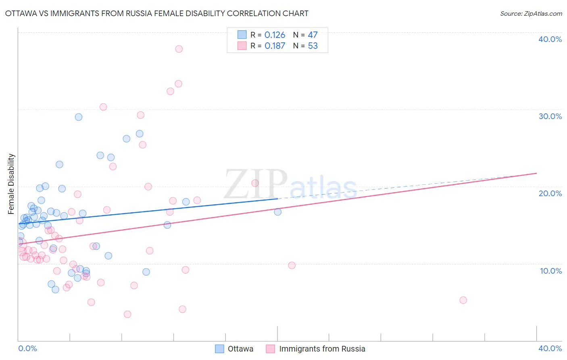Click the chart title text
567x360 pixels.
[x=157, y=13]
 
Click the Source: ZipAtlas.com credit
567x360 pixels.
[x=531, y=14]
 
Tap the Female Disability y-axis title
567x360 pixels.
[x=11, y=184]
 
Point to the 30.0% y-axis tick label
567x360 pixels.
[x=550, y=116]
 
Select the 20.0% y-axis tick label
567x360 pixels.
[x=550, y=193]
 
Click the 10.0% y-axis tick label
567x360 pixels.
[x=550, y=271]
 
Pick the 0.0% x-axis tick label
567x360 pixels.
[x=27, y=348]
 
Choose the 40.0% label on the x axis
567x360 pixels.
[x=550, y=348]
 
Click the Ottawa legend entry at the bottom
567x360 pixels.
[x=240, y=349]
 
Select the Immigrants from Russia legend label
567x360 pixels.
[x=322, y=349]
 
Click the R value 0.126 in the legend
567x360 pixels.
[x=275, y=35]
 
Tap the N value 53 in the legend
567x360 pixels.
[x=313, y=46]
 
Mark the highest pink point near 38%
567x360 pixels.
[x=179, y=49]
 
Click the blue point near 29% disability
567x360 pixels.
[x=79, y=117]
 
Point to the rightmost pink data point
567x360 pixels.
[x=463, y=300]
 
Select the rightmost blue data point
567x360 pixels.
[x=277, y=212]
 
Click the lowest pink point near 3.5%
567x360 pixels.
[x=127, y=314]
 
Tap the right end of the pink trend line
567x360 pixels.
[x=536, y=173]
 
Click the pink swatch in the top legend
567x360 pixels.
[x=242, y=46]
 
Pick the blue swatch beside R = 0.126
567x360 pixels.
[x=242, y=35]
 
